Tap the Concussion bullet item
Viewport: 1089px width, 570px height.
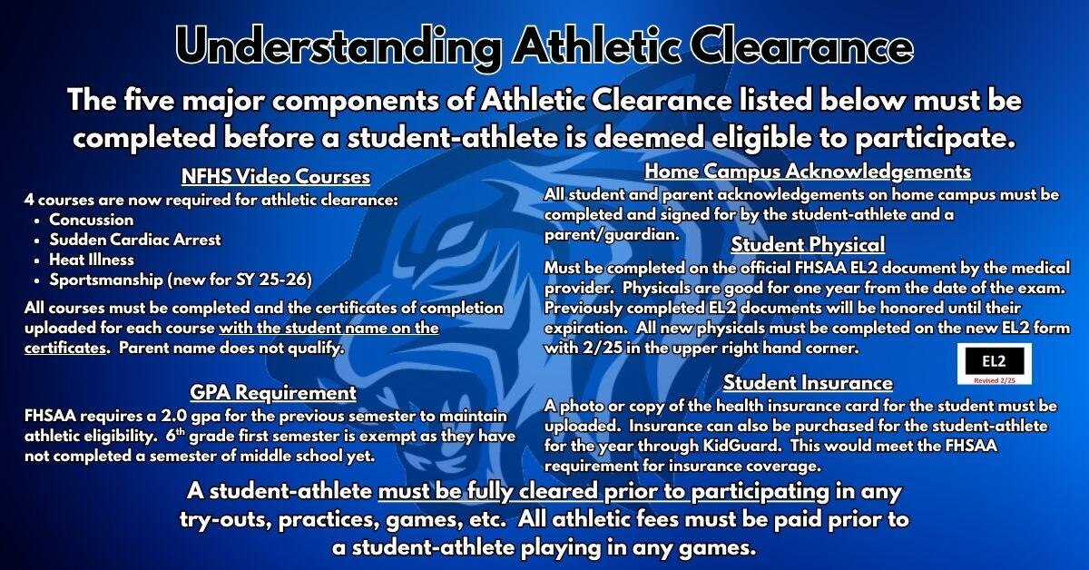pyautogui.click(x=91, y=220)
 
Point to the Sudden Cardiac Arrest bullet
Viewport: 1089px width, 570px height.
pyautogui.click(x=135, y=240)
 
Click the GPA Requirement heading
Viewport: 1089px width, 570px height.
pyautogui.click(x=272, y=394)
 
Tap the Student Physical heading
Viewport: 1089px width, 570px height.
pyautogui.click(x=807, y=245)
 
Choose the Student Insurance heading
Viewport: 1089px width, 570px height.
pyautogui.click(x=807, y=383)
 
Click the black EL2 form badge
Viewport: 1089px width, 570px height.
pyautogui.click(x=993, y=360)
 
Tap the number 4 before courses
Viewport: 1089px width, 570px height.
pyautogui.click(x=30, y=200)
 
